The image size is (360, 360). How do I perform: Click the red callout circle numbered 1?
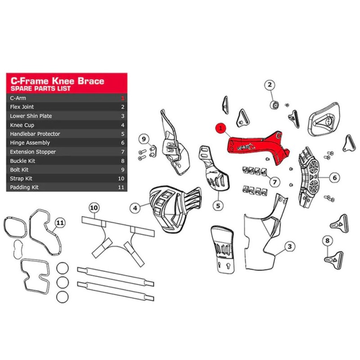(x=220, y=128)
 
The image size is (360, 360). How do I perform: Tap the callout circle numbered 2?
(x=270, y=85)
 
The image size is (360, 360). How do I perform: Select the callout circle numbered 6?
(x=334, y=177)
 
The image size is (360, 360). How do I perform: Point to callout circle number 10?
(x=94, y=208)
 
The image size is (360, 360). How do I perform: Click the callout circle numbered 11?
(x=60, y=223)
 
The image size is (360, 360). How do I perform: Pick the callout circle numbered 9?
(x=144, y=139)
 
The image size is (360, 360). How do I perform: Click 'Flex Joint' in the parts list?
(x=22, y=107)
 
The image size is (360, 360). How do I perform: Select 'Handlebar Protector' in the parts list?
(x=35, y=134)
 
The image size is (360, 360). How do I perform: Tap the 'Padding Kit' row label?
(x=24, y=187)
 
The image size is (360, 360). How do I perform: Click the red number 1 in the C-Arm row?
(x=123, y=98)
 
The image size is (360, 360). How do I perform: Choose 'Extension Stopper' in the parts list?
(x=33, y=152)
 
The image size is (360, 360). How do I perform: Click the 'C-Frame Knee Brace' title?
(x=58, y=81)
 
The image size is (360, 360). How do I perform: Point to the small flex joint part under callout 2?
(x=274, y=105)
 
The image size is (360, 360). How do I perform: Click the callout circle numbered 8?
(x=328, y=240)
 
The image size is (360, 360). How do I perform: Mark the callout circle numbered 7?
(x=274, y=182)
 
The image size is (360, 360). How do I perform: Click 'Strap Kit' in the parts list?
(x=21, y=179)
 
